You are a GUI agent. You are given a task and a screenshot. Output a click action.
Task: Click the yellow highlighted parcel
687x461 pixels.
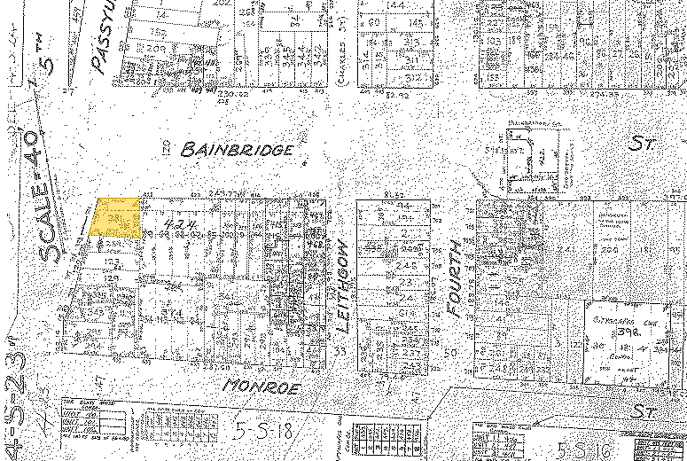click(x=116, y=217)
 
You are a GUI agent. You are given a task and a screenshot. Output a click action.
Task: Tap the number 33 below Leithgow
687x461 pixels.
click(x=340, y=352)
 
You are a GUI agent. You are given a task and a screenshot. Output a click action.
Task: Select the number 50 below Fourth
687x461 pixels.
click(x=449, y=352)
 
